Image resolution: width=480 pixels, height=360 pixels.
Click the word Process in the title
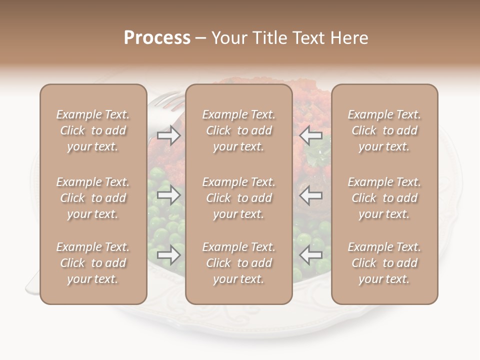pos(157,38)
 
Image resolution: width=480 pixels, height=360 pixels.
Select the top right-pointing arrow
pos(168,135)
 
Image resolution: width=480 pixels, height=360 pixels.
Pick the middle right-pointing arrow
pos(168,194)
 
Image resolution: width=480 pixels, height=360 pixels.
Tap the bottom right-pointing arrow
pos(168,255)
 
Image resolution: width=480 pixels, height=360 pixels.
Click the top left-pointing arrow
pos(311,135)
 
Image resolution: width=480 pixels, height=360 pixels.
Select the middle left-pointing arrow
pos(311,194)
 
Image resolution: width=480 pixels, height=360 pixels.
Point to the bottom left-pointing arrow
pos(311,255)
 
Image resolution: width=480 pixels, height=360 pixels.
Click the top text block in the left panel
pos(93,130)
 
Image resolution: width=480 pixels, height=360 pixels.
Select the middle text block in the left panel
pos(93,198)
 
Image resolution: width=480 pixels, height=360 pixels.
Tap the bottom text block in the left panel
pos(93,263)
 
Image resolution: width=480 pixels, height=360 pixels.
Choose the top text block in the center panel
pos(238,130)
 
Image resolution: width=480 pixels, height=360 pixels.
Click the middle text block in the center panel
pos(238,198)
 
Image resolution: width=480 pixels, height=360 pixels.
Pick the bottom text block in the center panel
pos(238,263)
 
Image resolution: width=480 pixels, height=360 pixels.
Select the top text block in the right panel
pos(384,130)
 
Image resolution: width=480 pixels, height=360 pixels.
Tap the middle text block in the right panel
pos(384,198)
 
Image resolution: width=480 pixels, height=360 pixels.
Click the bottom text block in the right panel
pos(384,263)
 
